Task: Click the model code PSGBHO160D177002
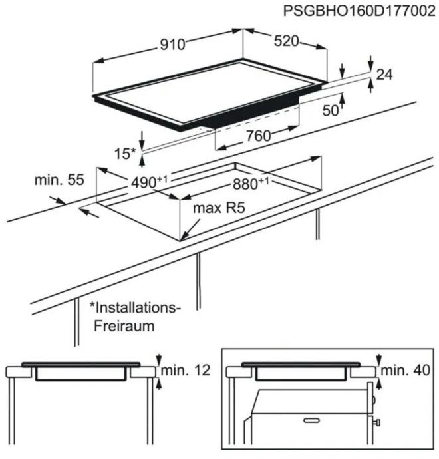(359, 11)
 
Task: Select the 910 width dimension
(172, 45)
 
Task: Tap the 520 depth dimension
(286, 41)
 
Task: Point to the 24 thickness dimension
(384, 75)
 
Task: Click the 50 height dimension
(331, 110)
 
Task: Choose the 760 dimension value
(259, 136)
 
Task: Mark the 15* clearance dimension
(125, 154)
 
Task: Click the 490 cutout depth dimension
(149, 182)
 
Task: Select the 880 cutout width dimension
(251, 184)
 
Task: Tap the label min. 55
(59, 180)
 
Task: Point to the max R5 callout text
(219, 208)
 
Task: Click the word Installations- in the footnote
(135, 308)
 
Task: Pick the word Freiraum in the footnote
(124, 326)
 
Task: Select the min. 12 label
(186, 371)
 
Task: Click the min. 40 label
(405, 370)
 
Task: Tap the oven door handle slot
(312, 420)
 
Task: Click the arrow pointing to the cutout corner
(190, 230)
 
